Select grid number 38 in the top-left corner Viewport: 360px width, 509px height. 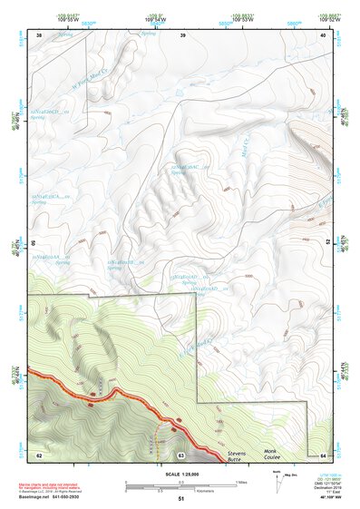click(x=39, y=34)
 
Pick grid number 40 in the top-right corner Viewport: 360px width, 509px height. click(x=323, y=34)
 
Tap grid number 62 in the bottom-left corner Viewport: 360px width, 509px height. click(x=39, y=454)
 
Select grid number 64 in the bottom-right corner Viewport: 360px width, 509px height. click(x=323, y=454)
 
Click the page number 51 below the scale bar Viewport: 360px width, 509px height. click(x=181, y=499)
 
